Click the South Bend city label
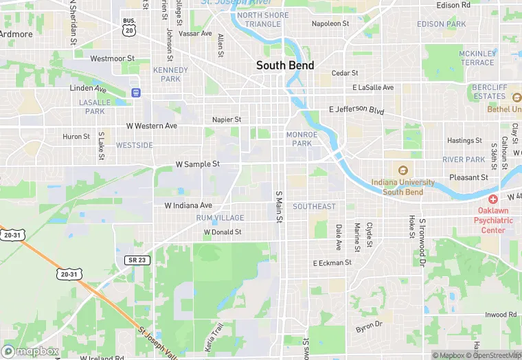coord(285,65)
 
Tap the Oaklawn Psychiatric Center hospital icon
coord(493,199)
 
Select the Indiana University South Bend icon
coord(402,170)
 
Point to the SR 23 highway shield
coord(135,259)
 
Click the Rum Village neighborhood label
coord(220,218)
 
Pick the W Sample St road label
coord(198,164)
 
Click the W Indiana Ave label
coord(188,205)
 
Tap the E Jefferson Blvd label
coord(357,110)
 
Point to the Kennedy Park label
coord(170,74)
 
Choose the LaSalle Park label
coord(95,106)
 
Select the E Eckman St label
coord(332,263)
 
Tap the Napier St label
coord(227,119)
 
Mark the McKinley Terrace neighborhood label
coord(477,58)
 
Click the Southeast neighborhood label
coord(315,206)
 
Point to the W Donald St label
coord(222,232)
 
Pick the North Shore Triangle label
coord(259,19)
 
